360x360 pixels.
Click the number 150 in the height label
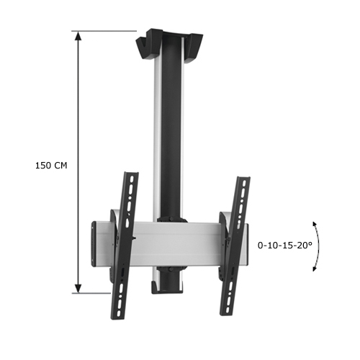click(42, 165)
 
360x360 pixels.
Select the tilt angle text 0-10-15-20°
click(285, 245)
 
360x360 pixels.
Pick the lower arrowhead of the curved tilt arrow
click(315, 269)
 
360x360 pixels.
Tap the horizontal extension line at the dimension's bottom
click(108, 293)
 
